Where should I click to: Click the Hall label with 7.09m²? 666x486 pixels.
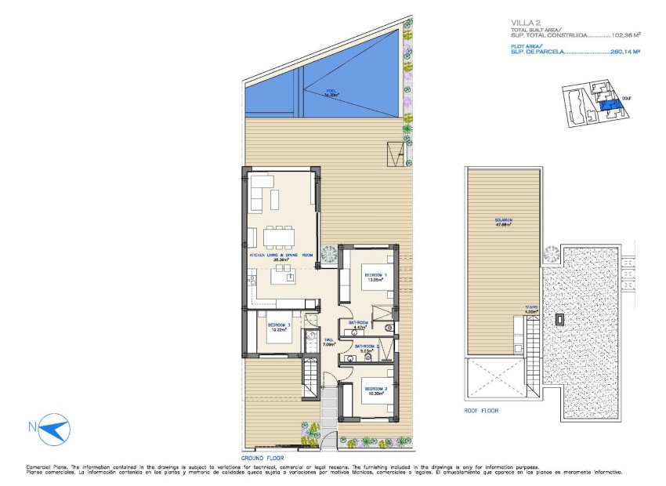point(329,342)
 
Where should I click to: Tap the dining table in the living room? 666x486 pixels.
point(279,235)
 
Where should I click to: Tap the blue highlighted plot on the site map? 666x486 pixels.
point(607,105)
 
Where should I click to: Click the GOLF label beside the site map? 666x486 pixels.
point(626,99)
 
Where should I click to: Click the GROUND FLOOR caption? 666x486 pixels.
point(262,458)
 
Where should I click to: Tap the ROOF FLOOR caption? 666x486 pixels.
point(480,410)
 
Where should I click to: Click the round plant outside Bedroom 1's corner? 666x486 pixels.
point(330,254)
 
